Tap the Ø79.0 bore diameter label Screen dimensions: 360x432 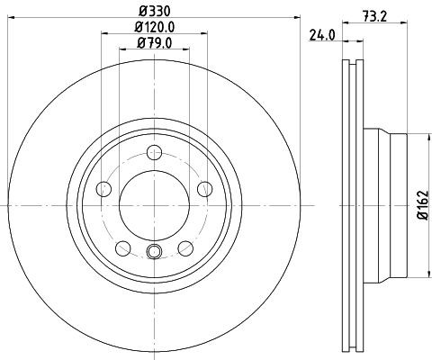click(x=154, y=42)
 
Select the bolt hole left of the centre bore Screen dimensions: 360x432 click(x=103, y=189)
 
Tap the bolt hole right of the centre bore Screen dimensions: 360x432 click(x=205, y=189)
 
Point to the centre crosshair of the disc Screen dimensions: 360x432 click(x=154, y=206)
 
